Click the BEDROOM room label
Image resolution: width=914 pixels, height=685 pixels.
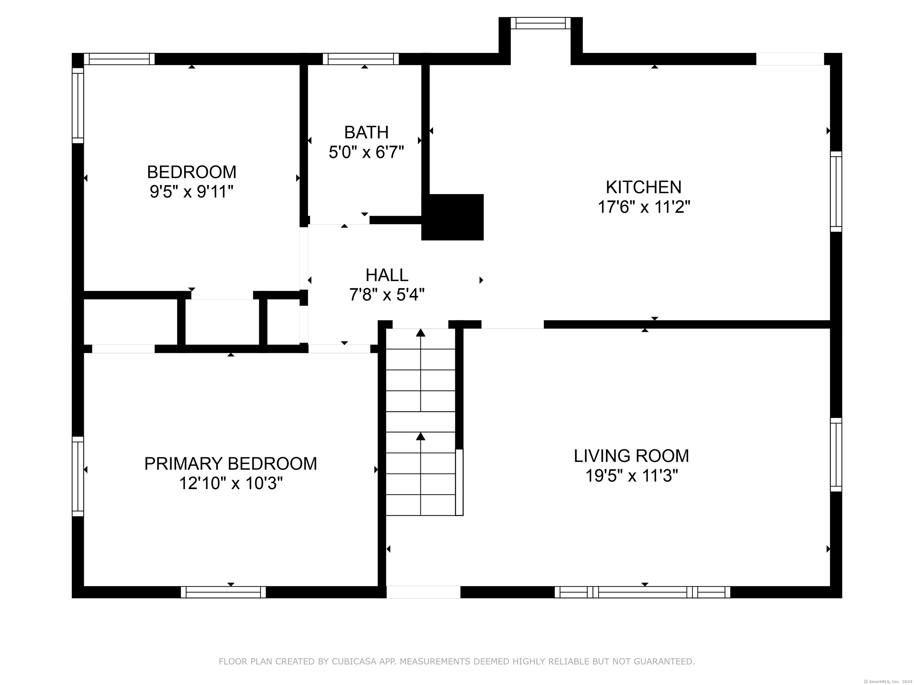(x=192, y=172)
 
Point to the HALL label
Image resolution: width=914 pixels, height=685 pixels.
(x=387, y=275)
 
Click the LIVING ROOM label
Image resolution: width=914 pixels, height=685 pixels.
(x=631, y=456)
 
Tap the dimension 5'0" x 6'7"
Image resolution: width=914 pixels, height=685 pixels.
(x=366, y=152)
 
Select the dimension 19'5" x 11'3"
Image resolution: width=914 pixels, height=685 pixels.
(x=632, y=476)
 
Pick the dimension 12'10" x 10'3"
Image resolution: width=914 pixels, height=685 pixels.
(x=231, y=483)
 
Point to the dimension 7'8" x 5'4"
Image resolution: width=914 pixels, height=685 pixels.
(x=387, y=295)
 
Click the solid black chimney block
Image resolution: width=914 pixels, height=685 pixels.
(x=453, y=217)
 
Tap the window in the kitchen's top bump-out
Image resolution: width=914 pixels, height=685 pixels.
(x=541, y=23)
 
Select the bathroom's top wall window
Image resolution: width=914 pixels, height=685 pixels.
(x=361, y=59)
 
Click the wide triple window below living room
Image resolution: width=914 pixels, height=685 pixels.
(x=643, y=592)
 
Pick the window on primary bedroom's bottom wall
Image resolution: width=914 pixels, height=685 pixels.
(x=223, y=592)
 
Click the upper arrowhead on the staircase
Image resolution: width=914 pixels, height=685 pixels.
(x=421, y=332)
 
